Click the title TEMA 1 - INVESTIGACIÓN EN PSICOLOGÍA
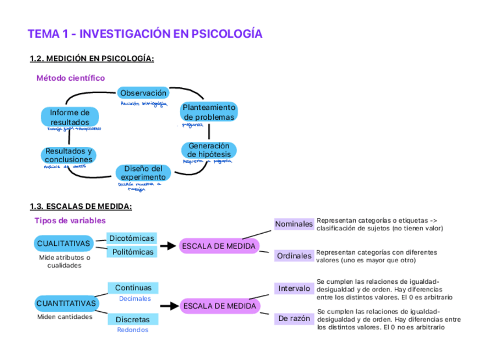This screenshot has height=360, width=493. point(145,34)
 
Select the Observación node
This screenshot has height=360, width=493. point(143,93)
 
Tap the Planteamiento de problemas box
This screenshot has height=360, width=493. point(209,112)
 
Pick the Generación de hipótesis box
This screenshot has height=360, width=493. point(209,150)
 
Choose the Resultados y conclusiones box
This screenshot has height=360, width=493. point(69,155)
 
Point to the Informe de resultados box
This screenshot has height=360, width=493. point(70,117)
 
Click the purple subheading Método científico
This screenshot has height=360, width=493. point(70,78)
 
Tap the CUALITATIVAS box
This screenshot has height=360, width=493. point(64,243)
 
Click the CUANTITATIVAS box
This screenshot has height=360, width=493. point(66,304)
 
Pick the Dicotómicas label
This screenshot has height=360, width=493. point(131,238)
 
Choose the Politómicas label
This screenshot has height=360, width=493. point(133,252)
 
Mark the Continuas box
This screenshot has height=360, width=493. point(133,288)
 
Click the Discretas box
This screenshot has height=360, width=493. point(133,319)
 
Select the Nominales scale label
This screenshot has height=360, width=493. point(294,224)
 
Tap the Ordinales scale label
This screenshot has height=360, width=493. point(294,256)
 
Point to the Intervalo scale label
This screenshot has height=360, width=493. point(294,288)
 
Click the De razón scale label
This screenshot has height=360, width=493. point(294,319)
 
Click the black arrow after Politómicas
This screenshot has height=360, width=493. point(167,246)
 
